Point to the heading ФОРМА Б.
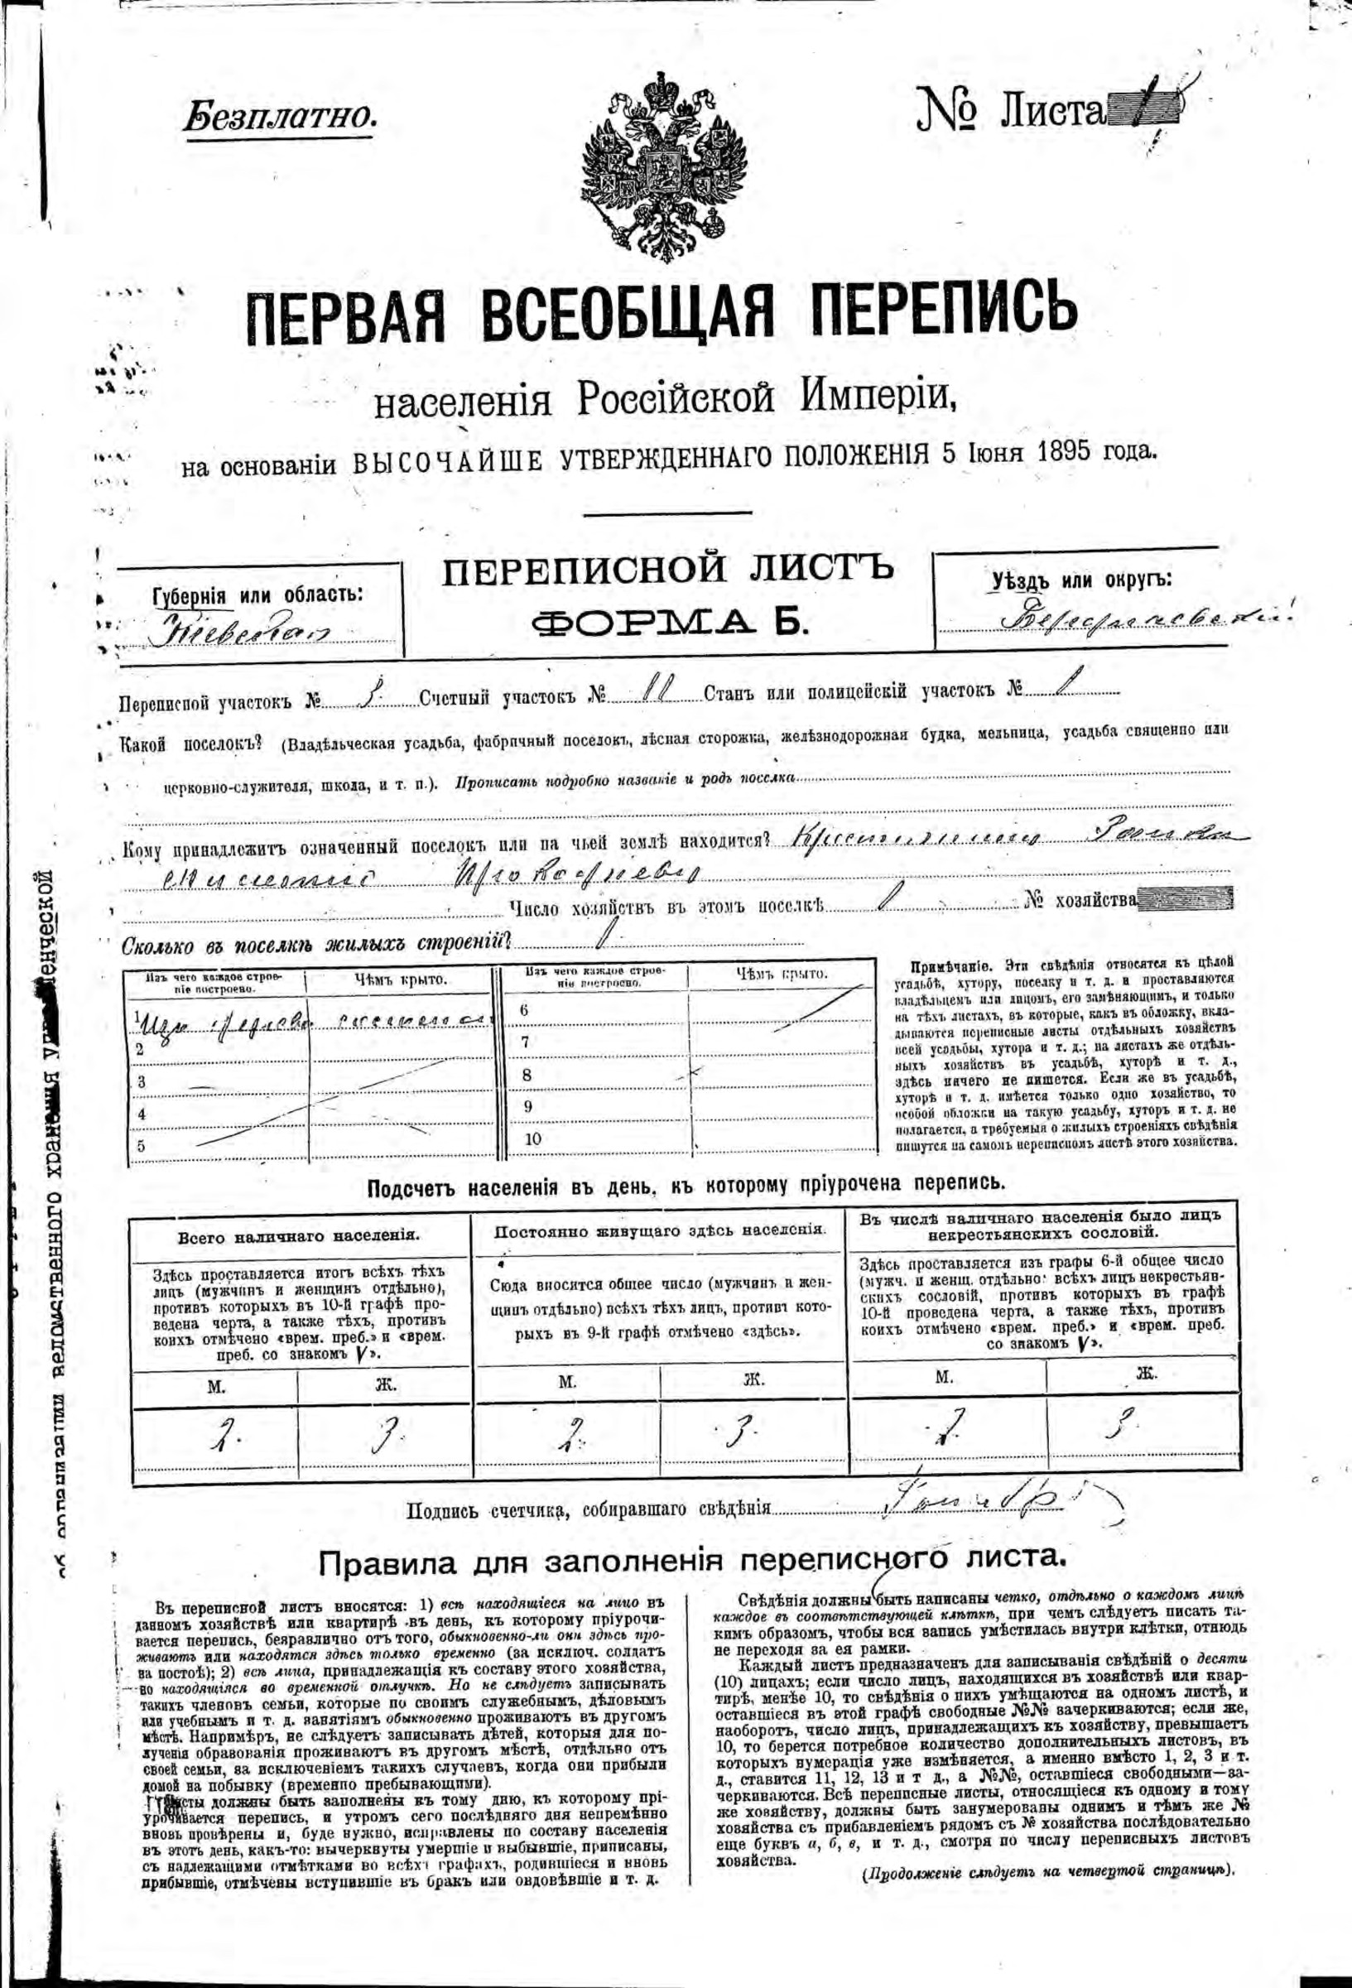[668, 623]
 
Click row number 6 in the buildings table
[523, 1010]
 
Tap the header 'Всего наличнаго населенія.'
[298, 1236]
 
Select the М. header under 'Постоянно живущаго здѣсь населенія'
[565, 1379]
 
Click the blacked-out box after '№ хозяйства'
[1186, 900]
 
